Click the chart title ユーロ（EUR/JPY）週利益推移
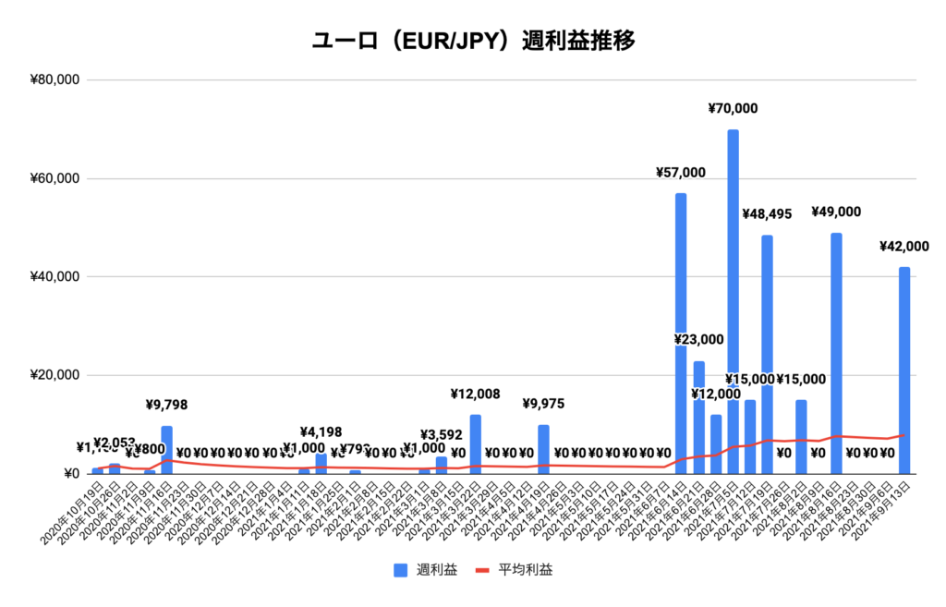(x=473, y=41)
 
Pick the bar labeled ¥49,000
(x=836, y=351)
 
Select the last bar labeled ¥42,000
(x=904, y=370)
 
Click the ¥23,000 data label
(x=698, y=340)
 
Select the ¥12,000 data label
(x=716, y=395)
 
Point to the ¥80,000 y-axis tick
(x=55, y=80)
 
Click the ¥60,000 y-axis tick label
(x=55, y=178)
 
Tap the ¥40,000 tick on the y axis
(x=55, y=277)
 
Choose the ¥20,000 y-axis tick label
(x=55, y=375)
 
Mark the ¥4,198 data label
(x=321, y=431)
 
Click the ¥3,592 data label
(x=442, y=435)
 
